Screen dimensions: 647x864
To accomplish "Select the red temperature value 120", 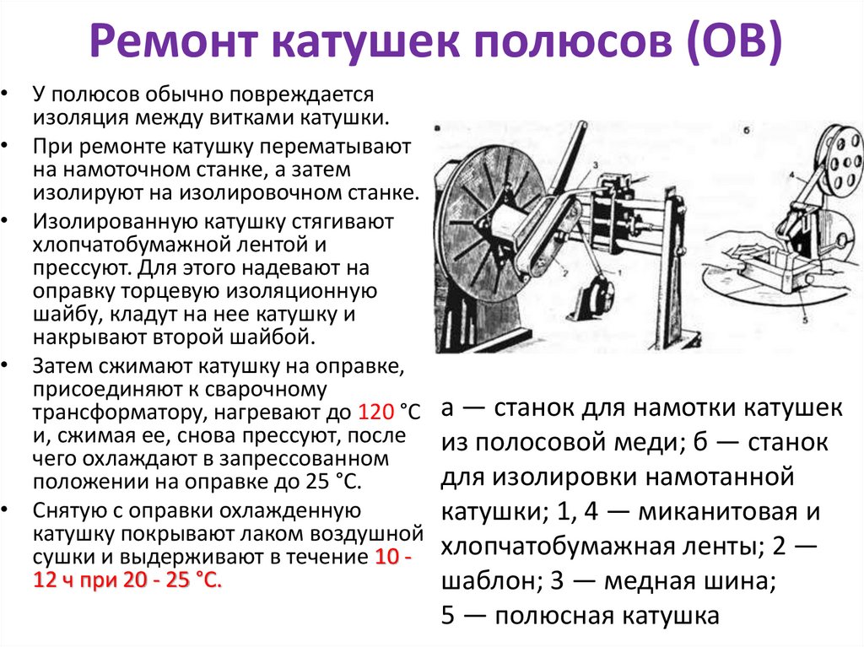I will [376, 413].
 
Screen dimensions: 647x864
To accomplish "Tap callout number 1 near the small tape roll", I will [622, 274].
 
